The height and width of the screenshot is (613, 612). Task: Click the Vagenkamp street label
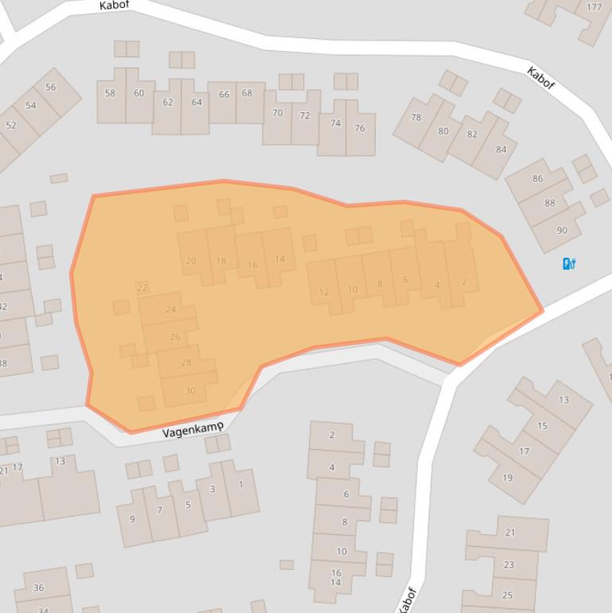tap(193, 431)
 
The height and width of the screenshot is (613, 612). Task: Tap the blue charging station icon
tap(569, 264)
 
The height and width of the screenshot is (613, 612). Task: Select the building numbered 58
tap(110, 93)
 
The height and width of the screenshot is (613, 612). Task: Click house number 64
tap(196, 102)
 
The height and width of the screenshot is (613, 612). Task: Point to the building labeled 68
tap(247, 94)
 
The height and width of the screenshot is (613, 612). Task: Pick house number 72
tap(304, 116)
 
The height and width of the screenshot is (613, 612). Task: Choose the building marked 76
tap(360, 128)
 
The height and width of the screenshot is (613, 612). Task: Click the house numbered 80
tap(443, 131)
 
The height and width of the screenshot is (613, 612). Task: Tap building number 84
tap(501, 149)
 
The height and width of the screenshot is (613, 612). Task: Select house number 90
tap(562, 230)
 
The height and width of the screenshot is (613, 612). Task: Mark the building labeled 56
tap(51, 88)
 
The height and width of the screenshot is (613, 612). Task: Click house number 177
tap(594, 8)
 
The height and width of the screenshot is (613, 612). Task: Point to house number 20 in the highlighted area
tap(191, 260)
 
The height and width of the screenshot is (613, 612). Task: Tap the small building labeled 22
tap(142, 287)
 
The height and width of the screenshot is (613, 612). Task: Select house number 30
tap(189, 390)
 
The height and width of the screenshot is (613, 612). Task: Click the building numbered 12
tap(324, 291)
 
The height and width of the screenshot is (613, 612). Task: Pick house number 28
tap(186, 362)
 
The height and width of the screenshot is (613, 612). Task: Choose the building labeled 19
tap(507, 478)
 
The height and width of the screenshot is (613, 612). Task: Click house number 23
tap(509, 564)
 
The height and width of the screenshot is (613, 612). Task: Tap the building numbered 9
tap(132, 519)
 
